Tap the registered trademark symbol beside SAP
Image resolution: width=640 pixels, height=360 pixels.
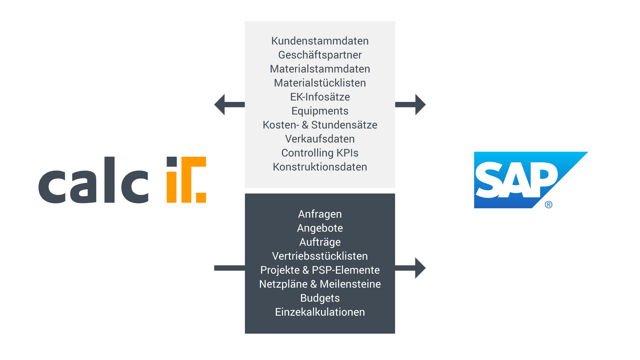tap(549, 205)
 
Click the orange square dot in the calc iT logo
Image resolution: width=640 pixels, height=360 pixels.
tap(201, 198)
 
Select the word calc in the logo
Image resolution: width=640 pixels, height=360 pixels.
tap(93, 180)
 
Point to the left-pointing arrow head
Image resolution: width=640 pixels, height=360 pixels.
tap(220, 105)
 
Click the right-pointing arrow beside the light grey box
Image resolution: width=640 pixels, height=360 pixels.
tap(410, 105)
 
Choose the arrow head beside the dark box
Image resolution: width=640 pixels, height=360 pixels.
tap(420, 268)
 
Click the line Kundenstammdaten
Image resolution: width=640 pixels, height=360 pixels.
tap(320, 41)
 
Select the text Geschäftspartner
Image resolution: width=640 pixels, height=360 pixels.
tap(320, 55)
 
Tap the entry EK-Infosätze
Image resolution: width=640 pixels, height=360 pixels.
tap(320, 97)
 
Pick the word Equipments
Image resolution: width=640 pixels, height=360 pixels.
tap(320, 111)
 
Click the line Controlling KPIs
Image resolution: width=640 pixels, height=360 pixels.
tap(320, 153)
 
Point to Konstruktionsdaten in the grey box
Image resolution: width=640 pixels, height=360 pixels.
tap(320, 167)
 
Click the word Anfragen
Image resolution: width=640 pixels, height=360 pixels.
tap(320, 214)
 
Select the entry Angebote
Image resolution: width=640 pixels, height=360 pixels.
tap(320, 228)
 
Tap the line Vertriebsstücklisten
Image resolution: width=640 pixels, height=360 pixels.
tap(320, 256)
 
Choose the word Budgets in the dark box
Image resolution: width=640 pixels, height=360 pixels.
tap(320, 298)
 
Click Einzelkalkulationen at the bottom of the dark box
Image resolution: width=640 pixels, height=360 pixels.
tap(320, 312)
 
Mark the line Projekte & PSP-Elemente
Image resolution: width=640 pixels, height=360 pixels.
tap(320, 270)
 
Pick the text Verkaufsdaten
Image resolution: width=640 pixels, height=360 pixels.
tap(320, 139)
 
